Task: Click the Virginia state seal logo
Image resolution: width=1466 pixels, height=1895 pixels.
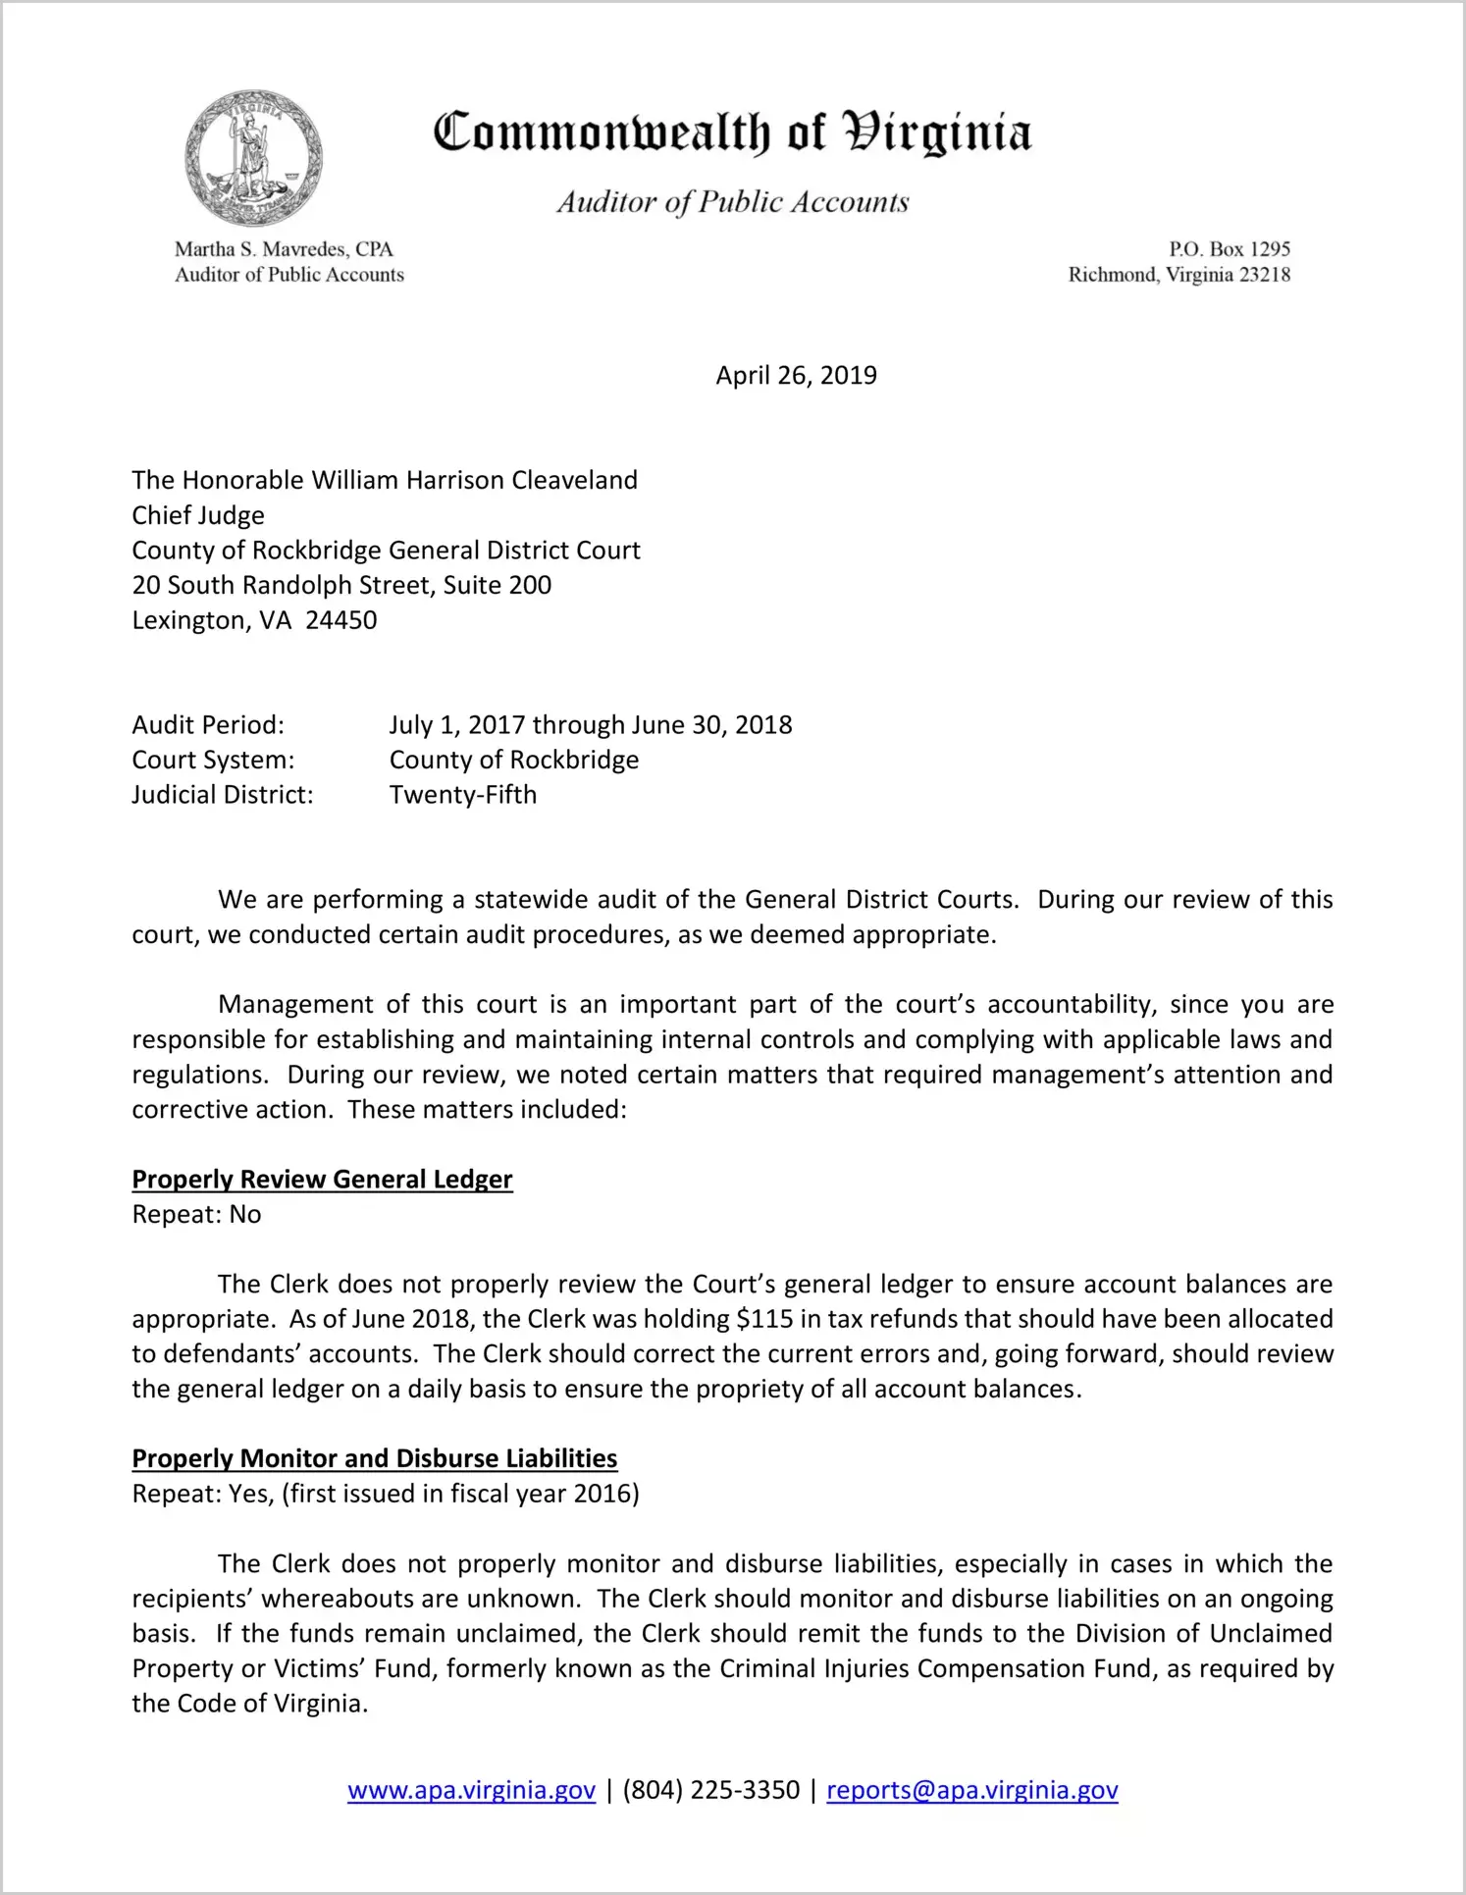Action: [253, 158]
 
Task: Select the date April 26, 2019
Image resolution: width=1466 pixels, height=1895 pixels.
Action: [796, 376]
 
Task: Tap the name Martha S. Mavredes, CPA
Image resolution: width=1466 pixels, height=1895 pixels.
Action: [284, 249]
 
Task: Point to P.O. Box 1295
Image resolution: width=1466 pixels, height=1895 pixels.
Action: [1229, 249]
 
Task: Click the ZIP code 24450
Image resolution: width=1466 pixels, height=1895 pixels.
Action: [340, 620]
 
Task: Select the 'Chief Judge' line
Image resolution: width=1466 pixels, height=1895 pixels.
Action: [198, 515]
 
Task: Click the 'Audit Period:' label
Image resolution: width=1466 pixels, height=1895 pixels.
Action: [208, 725]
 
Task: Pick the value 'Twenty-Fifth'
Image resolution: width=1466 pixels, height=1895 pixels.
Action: [463, 795]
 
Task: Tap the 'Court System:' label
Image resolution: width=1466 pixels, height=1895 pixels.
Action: [213, 760]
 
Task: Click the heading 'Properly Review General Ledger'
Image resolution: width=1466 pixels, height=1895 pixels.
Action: [322, 1179]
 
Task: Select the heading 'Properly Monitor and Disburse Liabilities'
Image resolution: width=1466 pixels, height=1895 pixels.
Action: [374, 1458]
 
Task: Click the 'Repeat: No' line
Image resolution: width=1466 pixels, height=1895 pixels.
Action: [196, 1215]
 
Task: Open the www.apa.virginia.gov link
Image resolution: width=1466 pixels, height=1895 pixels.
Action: [471, 1790]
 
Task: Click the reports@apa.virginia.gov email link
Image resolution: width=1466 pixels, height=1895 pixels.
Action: [971, 1790]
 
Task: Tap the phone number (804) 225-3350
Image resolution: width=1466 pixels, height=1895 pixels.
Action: [710, 1790]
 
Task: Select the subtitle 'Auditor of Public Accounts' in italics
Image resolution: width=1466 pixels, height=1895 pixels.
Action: [732, 202]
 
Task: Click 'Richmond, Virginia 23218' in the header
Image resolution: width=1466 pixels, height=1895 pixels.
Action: [1178, 275]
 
